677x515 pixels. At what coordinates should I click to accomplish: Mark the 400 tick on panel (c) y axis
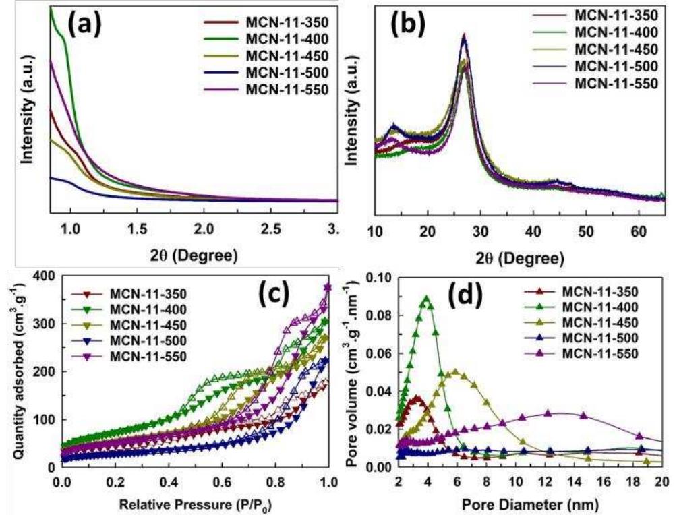coord(44,276)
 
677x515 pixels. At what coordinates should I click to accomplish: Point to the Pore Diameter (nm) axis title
coord(530,503)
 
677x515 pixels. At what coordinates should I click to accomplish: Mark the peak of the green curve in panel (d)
coord(426,297)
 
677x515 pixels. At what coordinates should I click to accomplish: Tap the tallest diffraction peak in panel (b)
coord(463,35)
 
